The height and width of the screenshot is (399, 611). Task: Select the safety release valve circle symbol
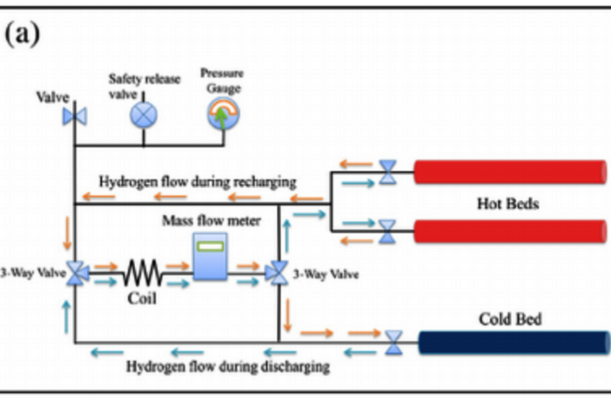pos(143,115)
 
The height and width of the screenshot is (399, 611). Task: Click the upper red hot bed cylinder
pos(509,172)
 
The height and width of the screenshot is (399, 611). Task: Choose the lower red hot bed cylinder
pos(509,230)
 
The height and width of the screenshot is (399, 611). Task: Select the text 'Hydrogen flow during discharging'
pos(228,366)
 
